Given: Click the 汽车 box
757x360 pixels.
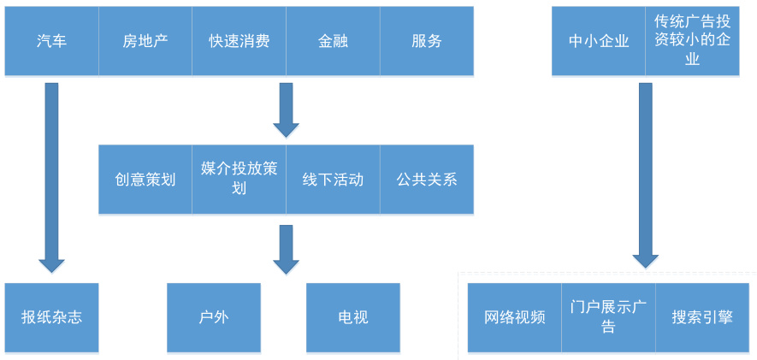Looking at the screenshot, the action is pos(51,41).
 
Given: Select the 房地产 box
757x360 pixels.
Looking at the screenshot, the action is pos(145,41).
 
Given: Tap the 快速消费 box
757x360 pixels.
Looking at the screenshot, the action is pos(239,41).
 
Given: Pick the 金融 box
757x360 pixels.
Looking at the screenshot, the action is pos(333,41).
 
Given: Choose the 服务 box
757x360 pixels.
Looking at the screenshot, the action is pos(427,41).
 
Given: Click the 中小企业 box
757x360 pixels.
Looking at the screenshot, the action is pos(599,41).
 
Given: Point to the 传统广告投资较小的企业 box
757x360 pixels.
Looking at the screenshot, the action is pos(692,41).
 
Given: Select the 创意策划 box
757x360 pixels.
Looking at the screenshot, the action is pos(145,179).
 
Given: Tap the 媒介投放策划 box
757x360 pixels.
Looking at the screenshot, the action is pos(239,179).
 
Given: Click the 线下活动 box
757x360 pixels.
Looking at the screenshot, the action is pos(333,179).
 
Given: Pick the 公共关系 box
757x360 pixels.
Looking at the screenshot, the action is pos(427,179).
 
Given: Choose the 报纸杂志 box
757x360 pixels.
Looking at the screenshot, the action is pos(51,317).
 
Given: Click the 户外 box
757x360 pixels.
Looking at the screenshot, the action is pos(214,317).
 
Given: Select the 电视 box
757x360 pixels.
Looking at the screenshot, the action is pos(353,317).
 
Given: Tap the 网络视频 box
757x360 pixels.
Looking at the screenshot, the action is pos(515,317).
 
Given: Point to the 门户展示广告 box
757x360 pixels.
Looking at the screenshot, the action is pos(608,317).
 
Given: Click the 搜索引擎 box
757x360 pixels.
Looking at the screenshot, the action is pos(702,317).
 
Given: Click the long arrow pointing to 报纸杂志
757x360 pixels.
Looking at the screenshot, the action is pos(51,178).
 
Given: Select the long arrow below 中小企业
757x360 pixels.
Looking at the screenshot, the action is pos(646,175).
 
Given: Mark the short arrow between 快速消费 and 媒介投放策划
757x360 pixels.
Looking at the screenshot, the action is pos(286,110).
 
